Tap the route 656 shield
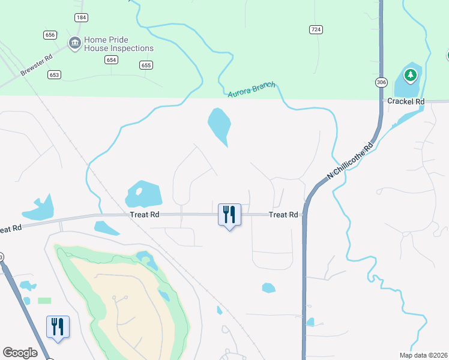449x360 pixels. click(50, 35)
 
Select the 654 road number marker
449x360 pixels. click(111, 59)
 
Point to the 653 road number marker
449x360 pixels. click(55, 74)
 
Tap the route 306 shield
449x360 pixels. click(381, 82)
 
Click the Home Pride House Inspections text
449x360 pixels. click(119, 44)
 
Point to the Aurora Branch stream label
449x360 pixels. click(252, 90)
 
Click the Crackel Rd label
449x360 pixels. click(406, 101)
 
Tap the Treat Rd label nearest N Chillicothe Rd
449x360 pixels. click(283, 214)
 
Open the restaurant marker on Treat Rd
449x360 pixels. click(229, 214)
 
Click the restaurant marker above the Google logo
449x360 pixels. click(58, 326)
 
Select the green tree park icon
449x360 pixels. click(411, 75)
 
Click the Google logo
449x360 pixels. click(20, 353)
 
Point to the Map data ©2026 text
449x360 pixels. click(423, 355)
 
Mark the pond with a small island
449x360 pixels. click(143, 194)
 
